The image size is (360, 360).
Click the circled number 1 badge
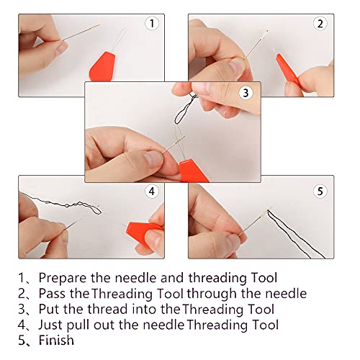pos(152,23)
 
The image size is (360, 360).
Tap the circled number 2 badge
pos(320,23)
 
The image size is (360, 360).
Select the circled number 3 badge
pos(246,93)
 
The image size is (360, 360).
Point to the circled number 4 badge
pos(152,192)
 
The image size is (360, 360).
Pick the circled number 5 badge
pos(320,192)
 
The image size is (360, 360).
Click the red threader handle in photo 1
pos(102,67)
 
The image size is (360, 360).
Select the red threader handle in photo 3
pos(193,171)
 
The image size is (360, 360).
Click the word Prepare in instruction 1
pos(63,279)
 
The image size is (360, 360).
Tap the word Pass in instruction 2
pos(52,294)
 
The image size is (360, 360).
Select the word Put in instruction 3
pos(50,310)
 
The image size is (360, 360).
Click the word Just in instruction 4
pos(50,325)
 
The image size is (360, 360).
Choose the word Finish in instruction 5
pos(56,341)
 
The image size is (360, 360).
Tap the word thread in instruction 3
pos(107,310)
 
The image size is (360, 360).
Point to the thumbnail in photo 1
pos(62,48)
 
